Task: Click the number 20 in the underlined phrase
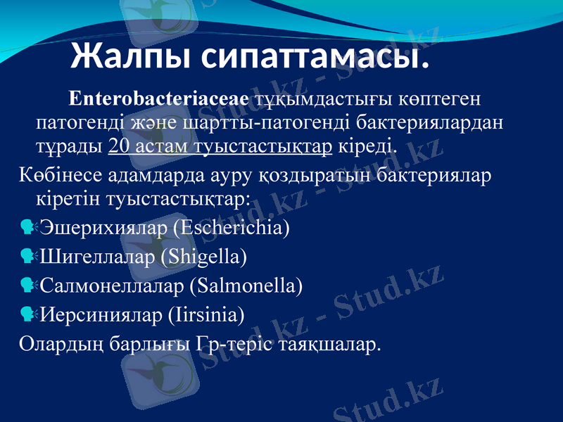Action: tap(119, 147)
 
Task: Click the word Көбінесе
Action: tap(56, 173)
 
